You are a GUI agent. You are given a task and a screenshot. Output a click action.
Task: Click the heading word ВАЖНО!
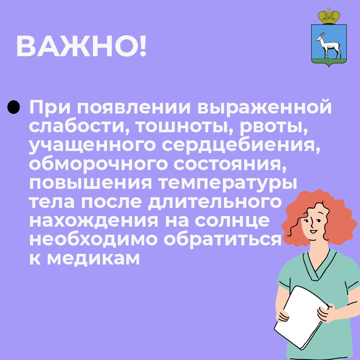[x=81, y=47]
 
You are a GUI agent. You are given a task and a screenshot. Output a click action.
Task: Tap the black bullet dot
[x=14, y=107]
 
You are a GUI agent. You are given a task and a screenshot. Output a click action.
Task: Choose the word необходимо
[x=93, y=239]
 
